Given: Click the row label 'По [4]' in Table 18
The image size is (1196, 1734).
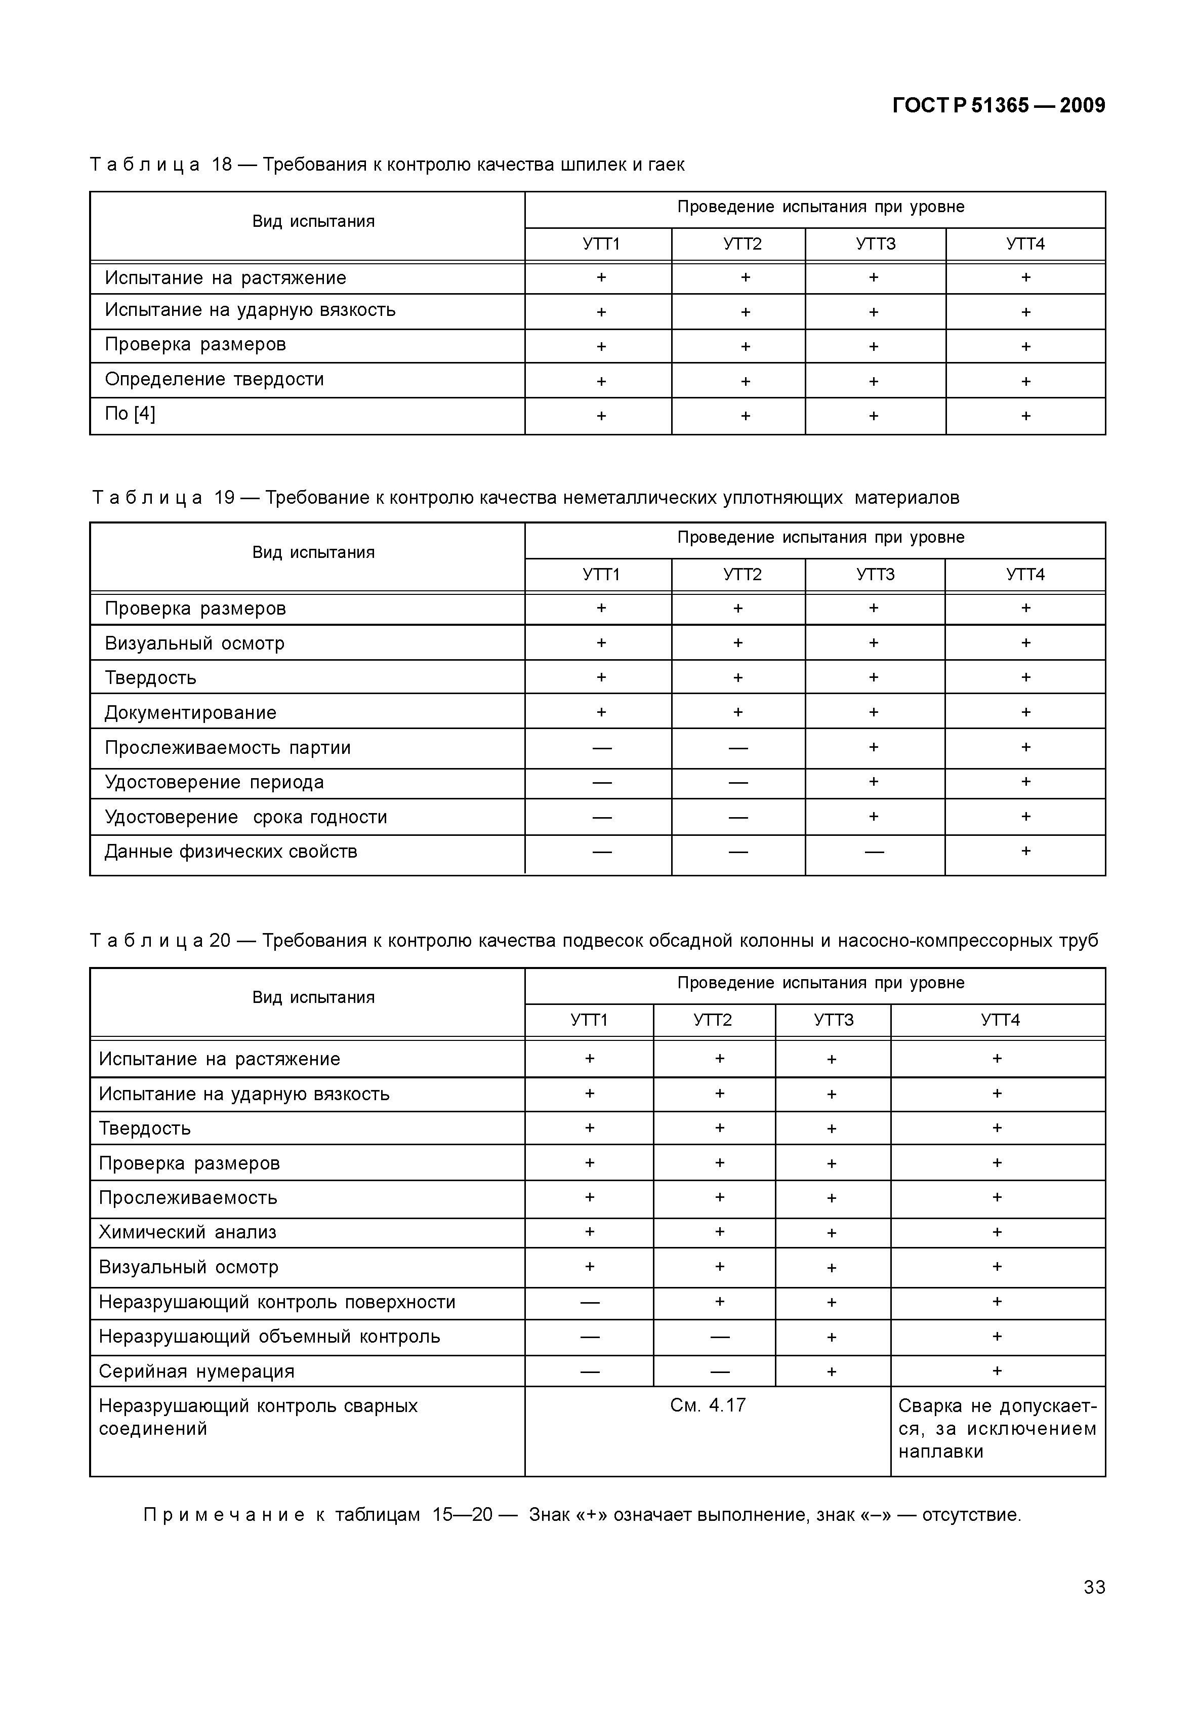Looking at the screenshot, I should click(x=131, y=414).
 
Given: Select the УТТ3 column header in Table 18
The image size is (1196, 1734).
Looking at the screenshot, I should click(x=875, y=245).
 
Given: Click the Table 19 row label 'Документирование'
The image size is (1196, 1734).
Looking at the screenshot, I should click(x=190, y=713).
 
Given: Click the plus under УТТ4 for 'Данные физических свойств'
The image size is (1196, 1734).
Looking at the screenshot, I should click(x=1025, y=851).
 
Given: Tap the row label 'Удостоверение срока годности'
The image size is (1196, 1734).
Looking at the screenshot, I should click(x=246, y=817).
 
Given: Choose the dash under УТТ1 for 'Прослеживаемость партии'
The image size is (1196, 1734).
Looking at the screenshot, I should click(x=602, y=748).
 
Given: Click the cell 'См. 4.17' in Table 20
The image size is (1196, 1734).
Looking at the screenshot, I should click(x=708, y=1405).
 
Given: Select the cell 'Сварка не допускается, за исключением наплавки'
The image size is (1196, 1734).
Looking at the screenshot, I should click(x=997, y=1428).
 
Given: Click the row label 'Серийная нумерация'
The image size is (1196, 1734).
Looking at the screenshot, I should click(x=196, y=1372).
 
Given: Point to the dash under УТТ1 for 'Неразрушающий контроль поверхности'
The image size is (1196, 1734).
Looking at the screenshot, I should click(x=590, y=1302).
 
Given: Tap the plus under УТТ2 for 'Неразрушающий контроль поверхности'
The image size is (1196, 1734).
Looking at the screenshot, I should click(x=719, y=1302).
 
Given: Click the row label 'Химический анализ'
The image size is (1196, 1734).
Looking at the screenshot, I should click(x=187, y=1232).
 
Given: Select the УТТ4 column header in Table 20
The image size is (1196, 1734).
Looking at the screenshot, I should click(x=1000, y=1020).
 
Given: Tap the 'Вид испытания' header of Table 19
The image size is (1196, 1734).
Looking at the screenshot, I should click(x=313, y=552).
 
